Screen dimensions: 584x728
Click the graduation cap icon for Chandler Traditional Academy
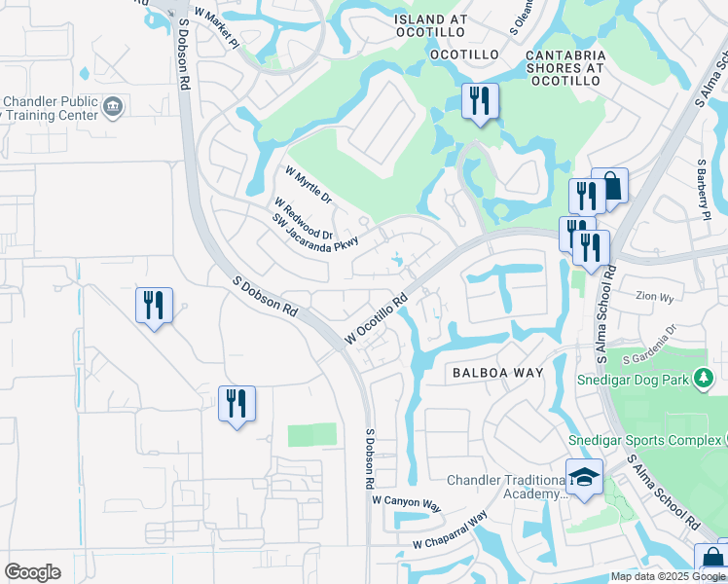click(x=584, y=478)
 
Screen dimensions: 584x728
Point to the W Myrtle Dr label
click(x=309, y=185)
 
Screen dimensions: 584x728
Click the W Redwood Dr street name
click(x=303, y=219)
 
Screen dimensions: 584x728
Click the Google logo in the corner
click(x=32, y=572)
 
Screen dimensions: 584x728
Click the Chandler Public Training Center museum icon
click(x=113, y=106)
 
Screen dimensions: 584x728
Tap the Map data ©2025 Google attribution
click(x=667, y=576)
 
